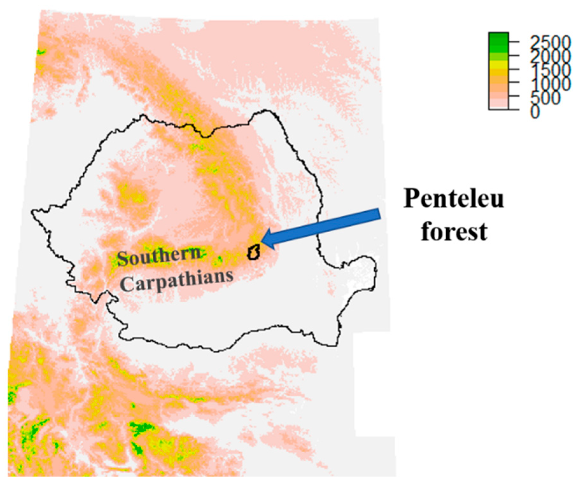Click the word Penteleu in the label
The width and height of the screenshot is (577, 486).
[x=453, y=199]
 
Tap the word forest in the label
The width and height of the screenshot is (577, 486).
[x=454, y=231]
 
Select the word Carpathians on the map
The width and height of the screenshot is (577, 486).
[x=177, y=280]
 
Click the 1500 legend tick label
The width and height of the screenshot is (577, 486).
[x=549, y=70]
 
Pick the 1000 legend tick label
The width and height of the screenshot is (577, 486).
[x=549, y=83]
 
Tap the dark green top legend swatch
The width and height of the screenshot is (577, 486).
[x=498, y=37]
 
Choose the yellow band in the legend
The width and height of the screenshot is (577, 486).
[x=498, y=65]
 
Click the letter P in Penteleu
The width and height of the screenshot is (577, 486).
[x=411, y=199]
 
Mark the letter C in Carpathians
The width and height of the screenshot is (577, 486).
[x=126, y=284]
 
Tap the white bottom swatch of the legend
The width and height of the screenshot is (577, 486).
[x=498, y=106]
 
